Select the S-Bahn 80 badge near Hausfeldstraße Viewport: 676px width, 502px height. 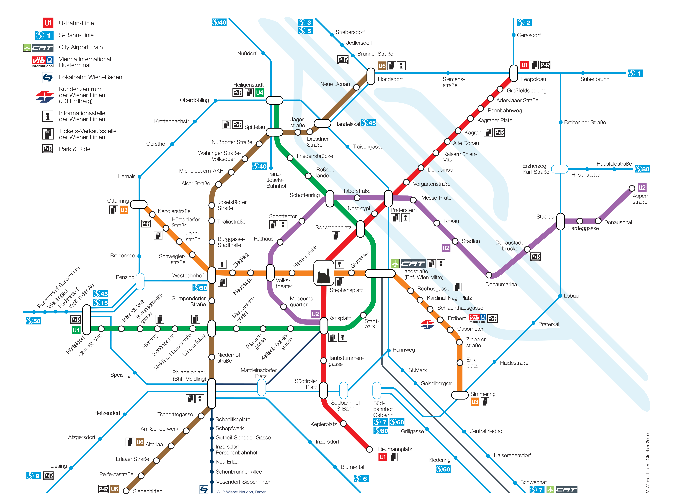[642, 169]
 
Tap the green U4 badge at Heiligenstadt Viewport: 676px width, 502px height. [259, 93]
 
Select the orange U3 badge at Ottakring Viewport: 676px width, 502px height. [124, 210]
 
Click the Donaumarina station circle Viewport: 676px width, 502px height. [489, 275]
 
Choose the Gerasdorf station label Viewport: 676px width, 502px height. [529, 35]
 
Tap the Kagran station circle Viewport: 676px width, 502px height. [458, 131]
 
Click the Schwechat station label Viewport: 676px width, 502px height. [533, 482]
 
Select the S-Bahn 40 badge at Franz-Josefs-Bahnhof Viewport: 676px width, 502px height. [259, 166]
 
